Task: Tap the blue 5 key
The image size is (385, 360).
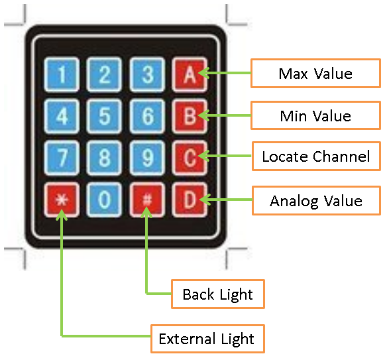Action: point(104,116)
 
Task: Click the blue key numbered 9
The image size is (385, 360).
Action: point(147,158)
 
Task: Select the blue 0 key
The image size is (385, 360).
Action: point(104,200)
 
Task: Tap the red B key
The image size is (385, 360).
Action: point(190,116)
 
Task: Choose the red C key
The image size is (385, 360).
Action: point(190,158)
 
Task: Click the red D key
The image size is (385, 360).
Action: point(190,200)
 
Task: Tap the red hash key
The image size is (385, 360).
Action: point(147,200)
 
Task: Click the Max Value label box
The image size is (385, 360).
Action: point(315,73)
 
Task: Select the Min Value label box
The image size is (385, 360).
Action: point(315,115)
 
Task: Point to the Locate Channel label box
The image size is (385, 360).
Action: point(316,156)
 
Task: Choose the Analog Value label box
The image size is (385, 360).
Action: point(316,200)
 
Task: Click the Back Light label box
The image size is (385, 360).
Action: point(218,294)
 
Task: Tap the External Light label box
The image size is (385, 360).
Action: point(207,339)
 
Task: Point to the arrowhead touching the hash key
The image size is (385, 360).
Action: point(146,211)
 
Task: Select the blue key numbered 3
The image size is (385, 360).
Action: point(147,74)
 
